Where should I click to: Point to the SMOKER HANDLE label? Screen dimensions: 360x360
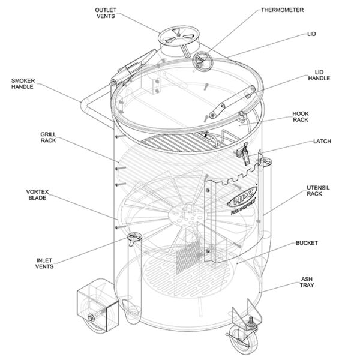tap(23, 83)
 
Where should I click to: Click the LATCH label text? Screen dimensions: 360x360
tap(322, 142)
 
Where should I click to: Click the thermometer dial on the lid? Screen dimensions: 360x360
tap(202, 60)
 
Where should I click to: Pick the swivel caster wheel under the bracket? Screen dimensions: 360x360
tap(235, 344)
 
